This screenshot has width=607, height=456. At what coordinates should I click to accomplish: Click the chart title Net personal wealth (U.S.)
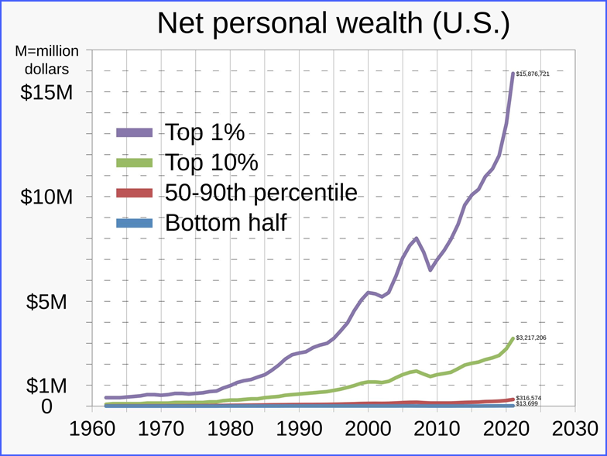(x=333, y=23)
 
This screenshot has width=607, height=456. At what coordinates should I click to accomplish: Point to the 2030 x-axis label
(x=574, y=428)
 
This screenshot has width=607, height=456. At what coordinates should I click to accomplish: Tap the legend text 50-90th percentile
(x=261, y=193)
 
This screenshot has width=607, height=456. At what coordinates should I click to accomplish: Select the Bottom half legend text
(x=226, y=223)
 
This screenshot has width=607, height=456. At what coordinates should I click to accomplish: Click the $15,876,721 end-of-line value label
(x=533, y=74)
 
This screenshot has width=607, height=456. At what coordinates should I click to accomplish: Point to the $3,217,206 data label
(x=530, y=338)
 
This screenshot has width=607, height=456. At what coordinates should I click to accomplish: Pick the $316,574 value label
(x=528, y=398)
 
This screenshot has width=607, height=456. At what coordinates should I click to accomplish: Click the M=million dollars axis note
(x=47, y=60)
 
